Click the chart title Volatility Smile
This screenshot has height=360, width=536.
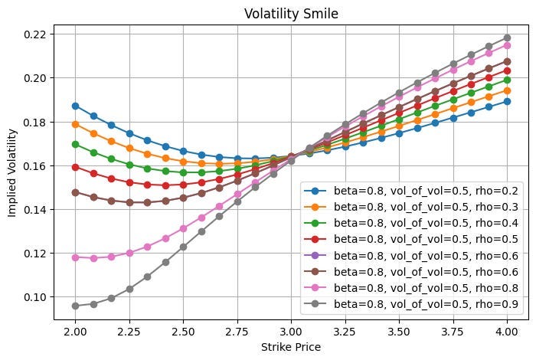tap(290, 13)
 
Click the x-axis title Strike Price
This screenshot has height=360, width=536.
tap(290, 346)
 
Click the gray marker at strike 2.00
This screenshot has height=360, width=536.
tap(75, 306)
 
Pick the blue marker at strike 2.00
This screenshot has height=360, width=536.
tap(75, 106)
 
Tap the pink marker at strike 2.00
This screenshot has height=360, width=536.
tap(75, 257)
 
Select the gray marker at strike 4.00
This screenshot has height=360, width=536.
tap(506, 38)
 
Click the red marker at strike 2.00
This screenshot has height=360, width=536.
tap(75, 167)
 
